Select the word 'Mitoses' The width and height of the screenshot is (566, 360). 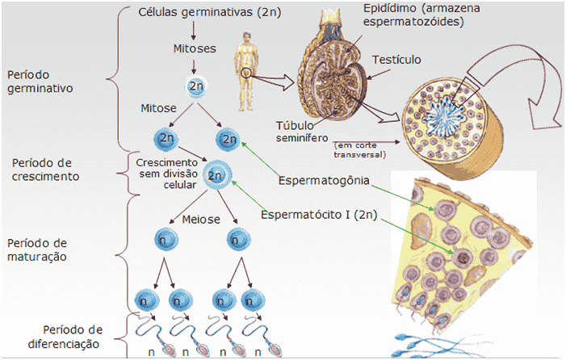pos(195,48)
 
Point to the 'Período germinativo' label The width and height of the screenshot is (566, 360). pos(39,82)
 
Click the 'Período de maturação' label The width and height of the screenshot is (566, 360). pos(39,249)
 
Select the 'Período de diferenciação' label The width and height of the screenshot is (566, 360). pos(73,337)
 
